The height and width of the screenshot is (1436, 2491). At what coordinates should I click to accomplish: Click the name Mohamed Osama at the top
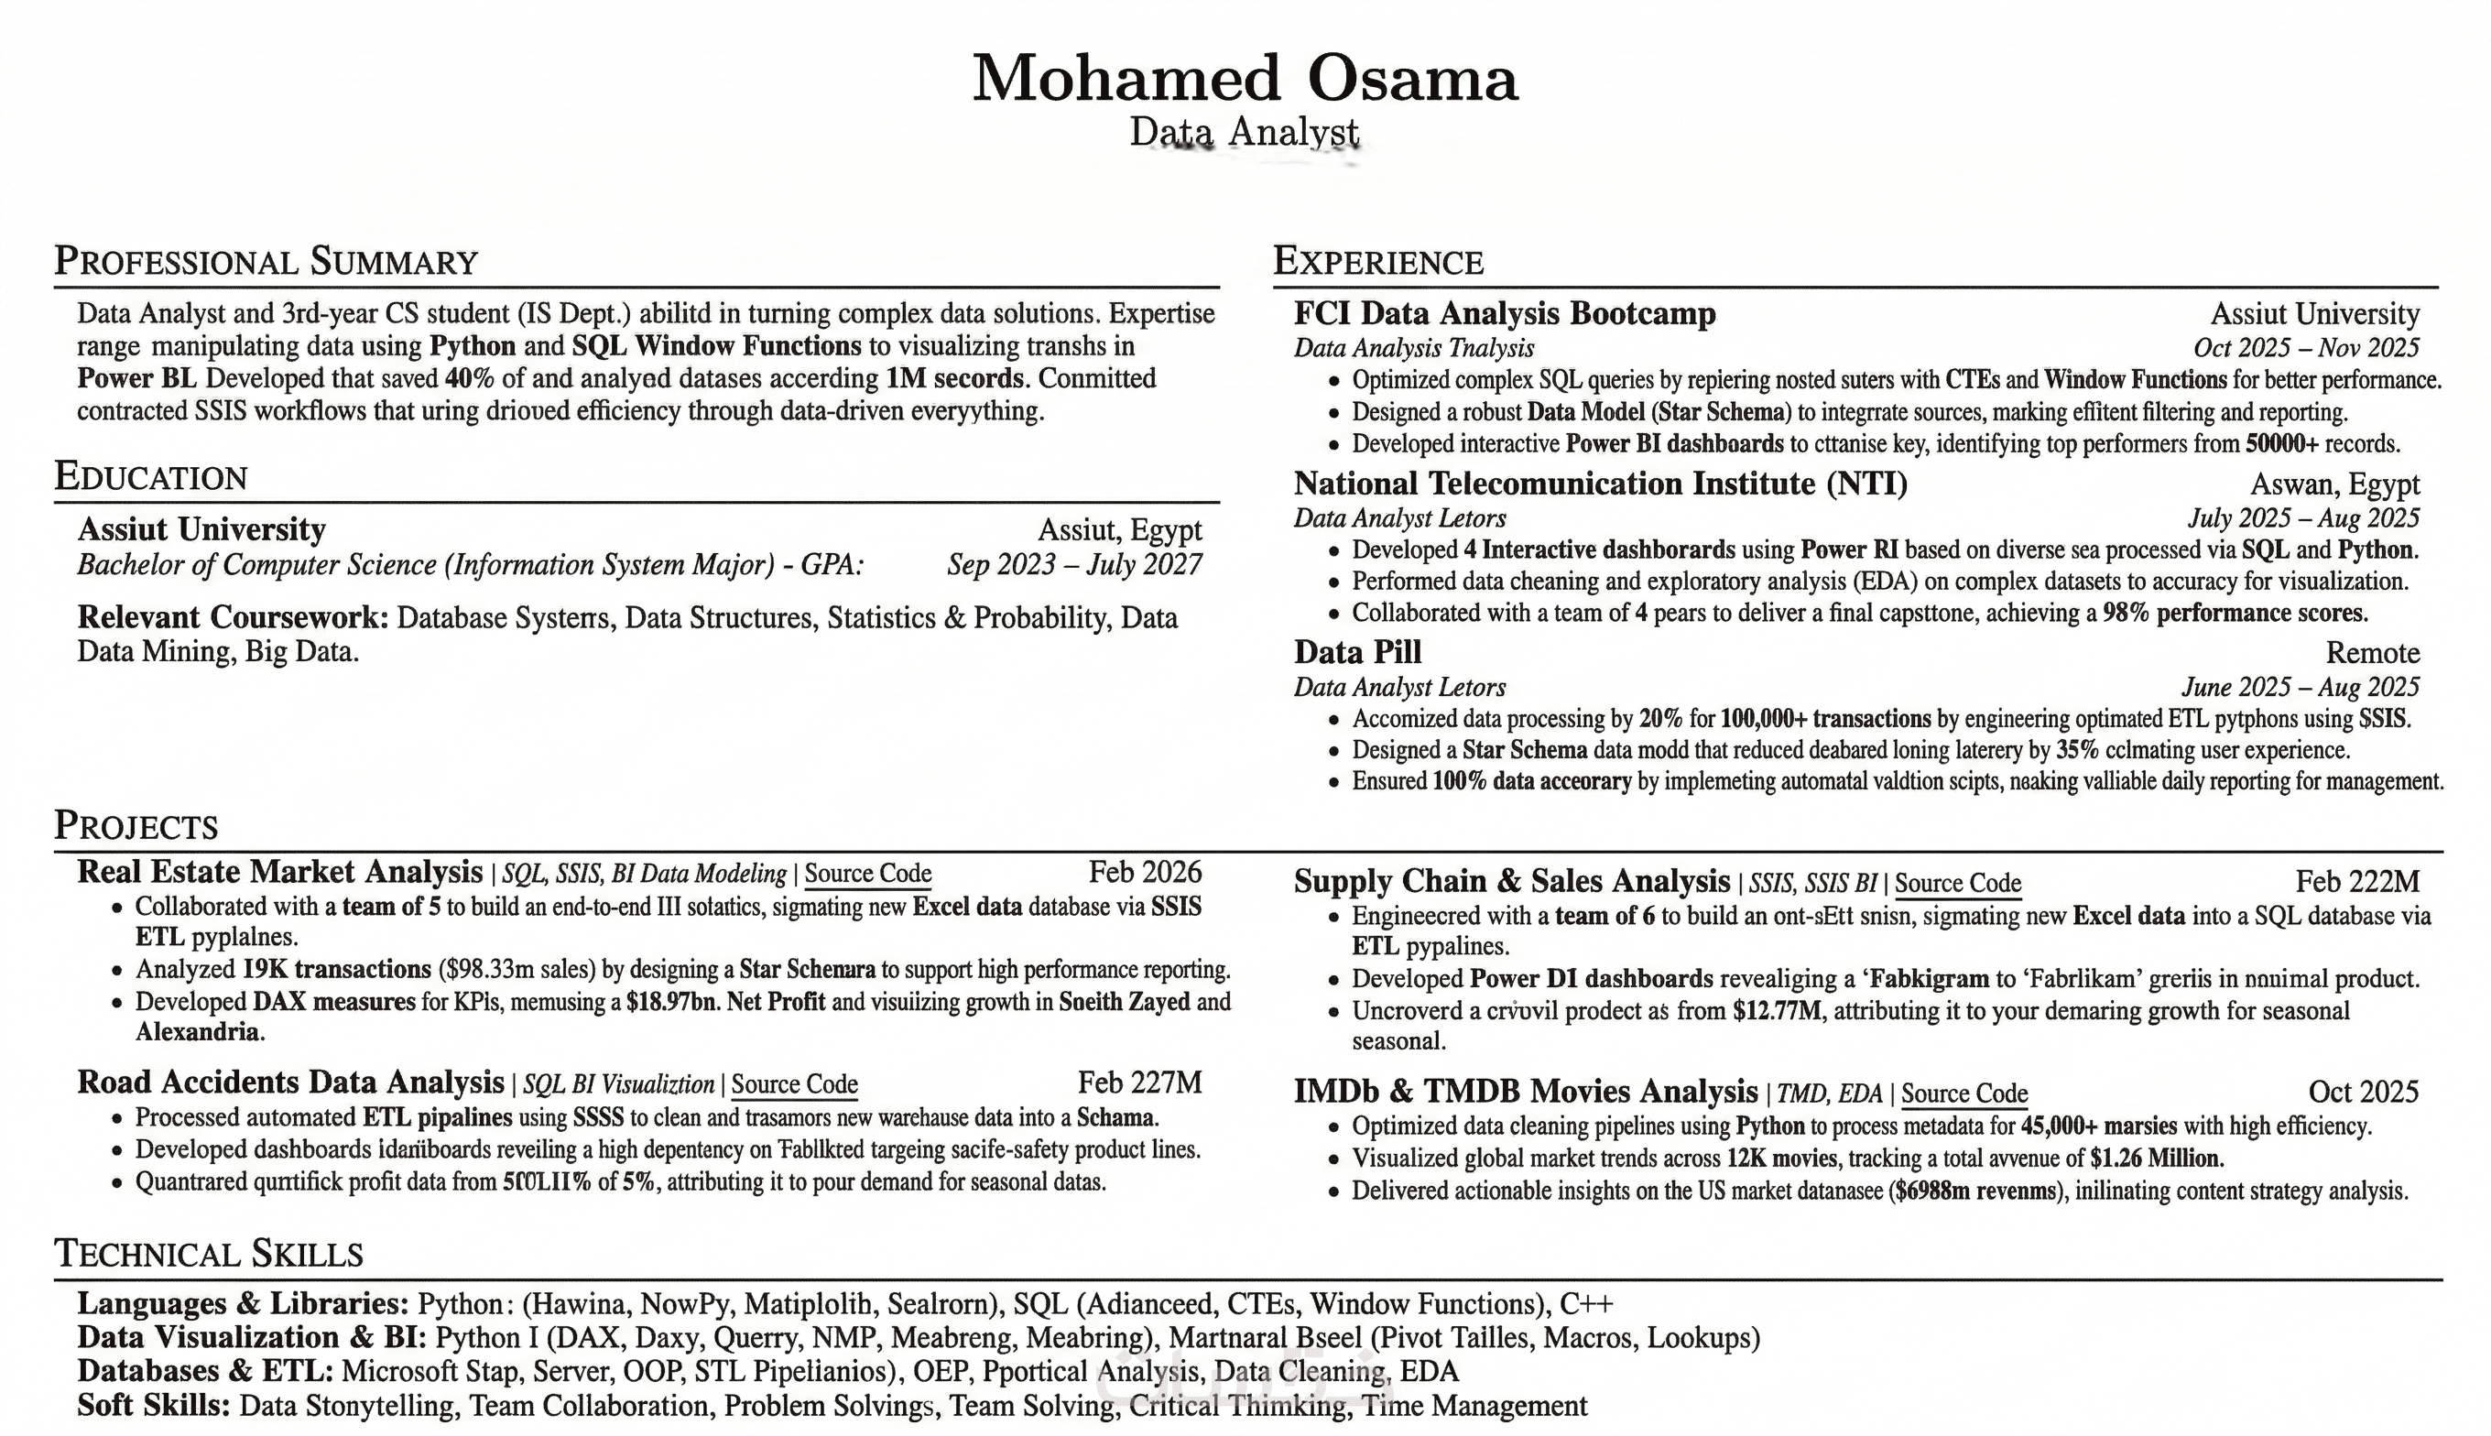point(1245,79)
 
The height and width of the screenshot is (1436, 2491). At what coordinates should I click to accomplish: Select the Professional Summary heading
point(266,261)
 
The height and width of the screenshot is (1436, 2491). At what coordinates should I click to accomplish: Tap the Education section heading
point(151,476)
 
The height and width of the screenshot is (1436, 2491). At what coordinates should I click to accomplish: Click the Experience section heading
point(1377,261)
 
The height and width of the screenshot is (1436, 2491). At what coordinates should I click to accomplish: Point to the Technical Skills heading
point(208,1254)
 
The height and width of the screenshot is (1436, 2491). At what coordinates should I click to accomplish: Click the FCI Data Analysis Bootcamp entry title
point(1504,313)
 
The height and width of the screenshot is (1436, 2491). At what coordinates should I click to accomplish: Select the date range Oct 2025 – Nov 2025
point(2306,347)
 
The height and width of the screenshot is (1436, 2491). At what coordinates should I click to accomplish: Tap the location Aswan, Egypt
point(2334,484)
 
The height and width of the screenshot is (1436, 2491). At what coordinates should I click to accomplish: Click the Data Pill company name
point(1357,652)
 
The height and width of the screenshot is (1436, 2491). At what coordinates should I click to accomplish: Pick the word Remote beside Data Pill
point(2372,653)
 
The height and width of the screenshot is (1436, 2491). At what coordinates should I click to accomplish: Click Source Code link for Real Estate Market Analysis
point(868,874)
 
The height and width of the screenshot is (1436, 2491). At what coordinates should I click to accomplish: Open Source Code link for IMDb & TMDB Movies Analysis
point(1963,1093)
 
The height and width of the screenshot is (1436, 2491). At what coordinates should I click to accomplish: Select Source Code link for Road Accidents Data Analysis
point(794,1085)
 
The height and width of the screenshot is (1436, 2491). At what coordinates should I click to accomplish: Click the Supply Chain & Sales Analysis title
point(1511,881)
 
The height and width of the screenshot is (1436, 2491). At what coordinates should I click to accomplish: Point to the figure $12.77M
point(1776,1011)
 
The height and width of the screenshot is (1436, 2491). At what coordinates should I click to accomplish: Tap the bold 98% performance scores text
point(2234,614)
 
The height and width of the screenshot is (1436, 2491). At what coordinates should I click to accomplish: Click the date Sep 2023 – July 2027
point(1074,565)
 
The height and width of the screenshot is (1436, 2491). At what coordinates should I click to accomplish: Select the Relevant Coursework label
point(233,617)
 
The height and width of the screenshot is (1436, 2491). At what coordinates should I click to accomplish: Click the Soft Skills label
point(153,1406)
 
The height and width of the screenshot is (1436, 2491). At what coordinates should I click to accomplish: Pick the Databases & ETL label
point(205,1371)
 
